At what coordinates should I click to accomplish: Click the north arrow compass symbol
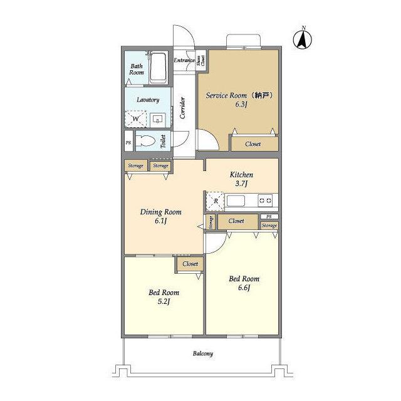pos(302,39)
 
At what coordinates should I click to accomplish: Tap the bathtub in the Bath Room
pos(157,68)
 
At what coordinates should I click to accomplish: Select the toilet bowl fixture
pos(145,140)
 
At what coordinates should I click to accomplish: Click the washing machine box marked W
pos(135,118)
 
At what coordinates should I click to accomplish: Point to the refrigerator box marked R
pos(215,201)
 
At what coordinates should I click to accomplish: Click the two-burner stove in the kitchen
pos(265,200)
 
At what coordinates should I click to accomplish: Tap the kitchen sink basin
pos(236,200)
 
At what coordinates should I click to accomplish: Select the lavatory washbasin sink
pos(157,119)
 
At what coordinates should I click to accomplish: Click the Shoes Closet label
pos(200,61)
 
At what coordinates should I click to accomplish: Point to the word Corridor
pos(182,108)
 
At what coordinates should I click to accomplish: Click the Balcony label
pos(203,353)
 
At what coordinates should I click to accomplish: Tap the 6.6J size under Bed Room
pos(244,288)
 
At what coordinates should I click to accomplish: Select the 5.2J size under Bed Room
pos(164,301)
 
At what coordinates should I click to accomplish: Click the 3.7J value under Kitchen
pos(241,184)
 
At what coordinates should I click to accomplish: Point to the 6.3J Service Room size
pos(241,104)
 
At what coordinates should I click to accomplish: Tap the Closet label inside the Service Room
pos(253,144)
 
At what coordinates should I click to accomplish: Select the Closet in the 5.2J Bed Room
pos(190,264)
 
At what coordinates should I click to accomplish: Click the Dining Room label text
pos(161,212)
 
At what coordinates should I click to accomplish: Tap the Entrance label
pos(184,60)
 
